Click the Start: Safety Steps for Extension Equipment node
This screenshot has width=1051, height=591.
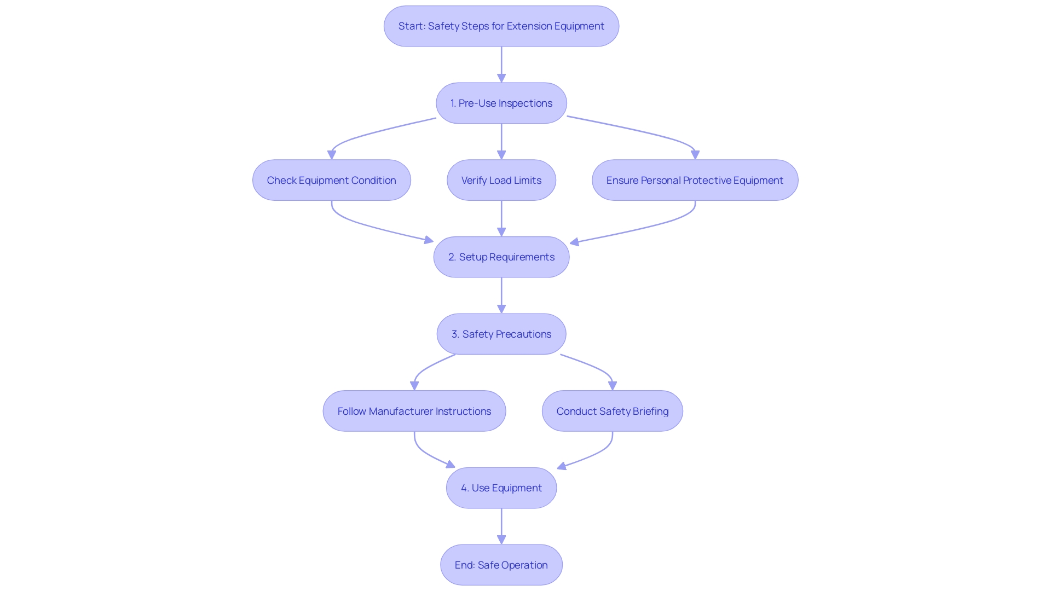(501, 26)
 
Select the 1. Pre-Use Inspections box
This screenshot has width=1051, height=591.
(501, 103)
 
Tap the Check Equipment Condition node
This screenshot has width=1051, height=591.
(331, 181)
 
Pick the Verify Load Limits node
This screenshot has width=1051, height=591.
(501, 181)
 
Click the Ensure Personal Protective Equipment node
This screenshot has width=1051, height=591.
(695, 181)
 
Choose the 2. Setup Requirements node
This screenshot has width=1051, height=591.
(501, 257)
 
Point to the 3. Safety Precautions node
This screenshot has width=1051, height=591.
(501, 334)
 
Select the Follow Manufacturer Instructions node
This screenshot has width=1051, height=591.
(414, 412)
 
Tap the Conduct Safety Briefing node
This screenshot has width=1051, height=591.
(612, 412)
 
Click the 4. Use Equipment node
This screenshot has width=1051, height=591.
(501, 488)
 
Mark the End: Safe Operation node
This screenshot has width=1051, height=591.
(501, 565)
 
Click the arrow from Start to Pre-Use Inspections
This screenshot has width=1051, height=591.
(501, 63)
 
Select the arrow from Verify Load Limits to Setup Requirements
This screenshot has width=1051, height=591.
(501, 217)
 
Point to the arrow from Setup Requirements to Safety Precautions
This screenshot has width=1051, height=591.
(501, 294)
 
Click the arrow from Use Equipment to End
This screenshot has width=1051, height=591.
(501, 525)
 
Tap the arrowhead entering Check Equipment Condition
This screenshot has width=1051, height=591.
(332, 155)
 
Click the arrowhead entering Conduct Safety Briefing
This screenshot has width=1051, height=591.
(612, 385)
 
